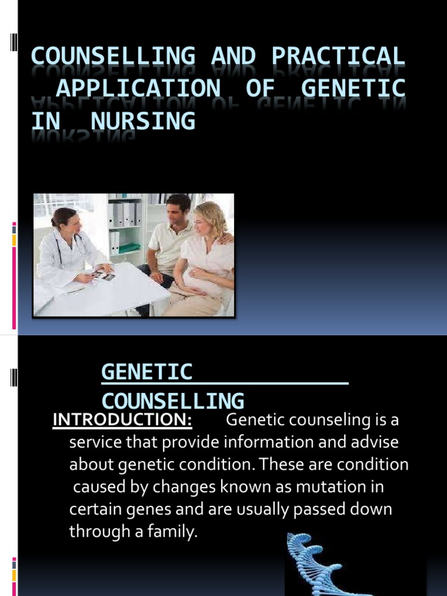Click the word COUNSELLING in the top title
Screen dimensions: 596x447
(x=112, y=56)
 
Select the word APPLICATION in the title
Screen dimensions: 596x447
(x=138, y=88)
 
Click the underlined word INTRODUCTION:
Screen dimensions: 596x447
(x=123, y=420)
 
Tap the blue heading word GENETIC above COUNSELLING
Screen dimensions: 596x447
(x=147, y=372)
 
